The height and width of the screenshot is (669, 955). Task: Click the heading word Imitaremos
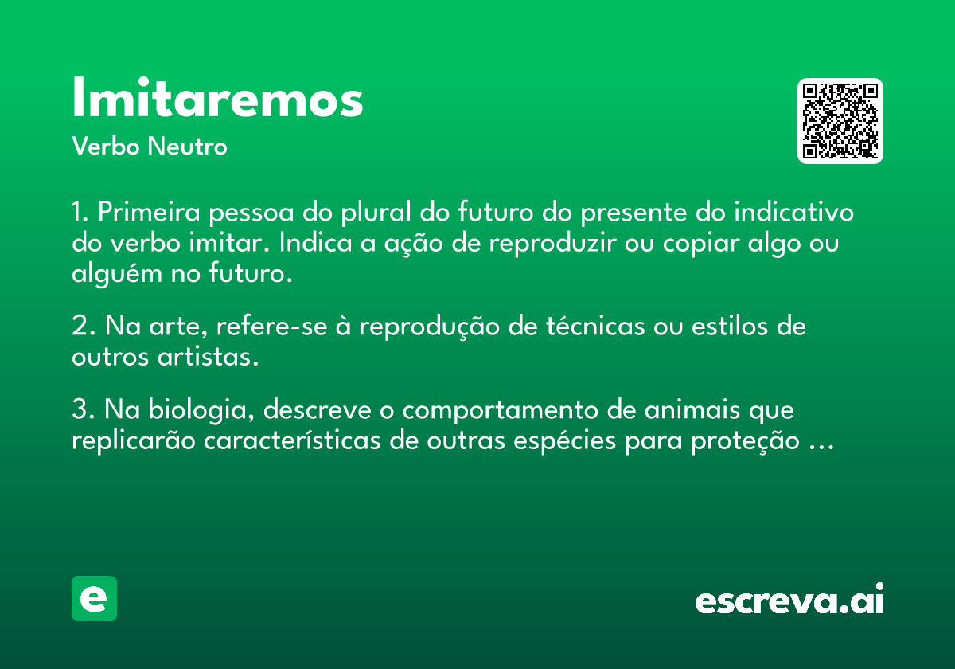(x=217, y=97)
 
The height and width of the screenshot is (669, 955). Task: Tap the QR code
(x=840, y=121)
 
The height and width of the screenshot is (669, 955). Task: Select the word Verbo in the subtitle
(x=106, y=146)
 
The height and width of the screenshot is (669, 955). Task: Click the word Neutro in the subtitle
(x=187, y=146)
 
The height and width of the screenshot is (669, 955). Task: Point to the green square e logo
(x=94, y=598)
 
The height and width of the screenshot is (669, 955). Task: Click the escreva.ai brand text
(x=789, y=599)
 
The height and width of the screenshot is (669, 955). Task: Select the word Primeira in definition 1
(x=149, y=212)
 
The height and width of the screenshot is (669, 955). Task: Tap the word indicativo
(x=793, y=212)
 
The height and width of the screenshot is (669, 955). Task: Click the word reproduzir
(x=552, y=244)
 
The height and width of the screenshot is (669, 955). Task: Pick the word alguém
(x=117, y=273)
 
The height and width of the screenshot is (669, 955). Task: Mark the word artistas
(x=208, y=356)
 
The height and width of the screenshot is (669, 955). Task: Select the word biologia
(x=201, y=410)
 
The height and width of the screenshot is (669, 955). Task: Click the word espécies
(x=564, y=441)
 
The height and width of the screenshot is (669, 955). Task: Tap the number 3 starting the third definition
(x=80, y=409)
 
